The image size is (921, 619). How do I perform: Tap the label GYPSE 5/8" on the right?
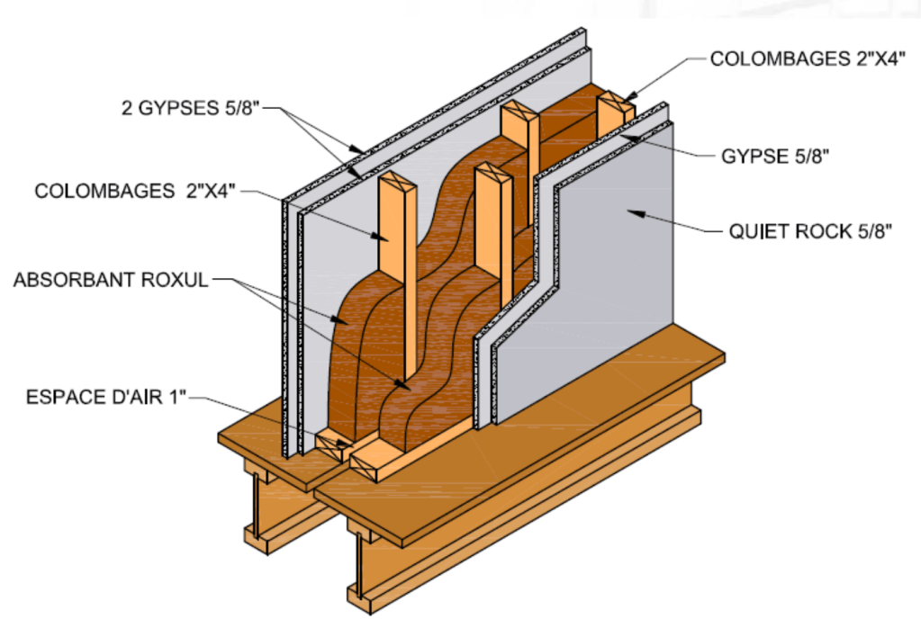tap(773, 155)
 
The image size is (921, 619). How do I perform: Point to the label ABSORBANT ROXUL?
tap(110, 280)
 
